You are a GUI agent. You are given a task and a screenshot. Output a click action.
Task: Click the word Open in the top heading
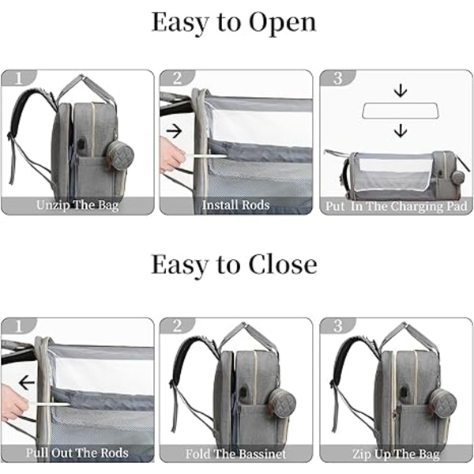pyautogui.click(x=283, y=23)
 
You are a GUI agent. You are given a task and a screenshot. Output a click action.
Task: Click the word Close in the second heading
pyautogui.click(x=283, y=265)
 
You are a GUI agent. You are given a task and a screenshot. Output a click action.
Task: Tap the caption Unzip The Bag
pyautogui.click(x=77, y=205)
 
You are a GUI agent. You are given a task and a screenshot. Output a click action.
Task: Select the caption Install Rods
pyautogui.click(x=235, y=205)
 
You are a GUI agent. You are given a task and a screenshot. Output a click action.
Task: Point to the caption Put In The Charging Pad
pyautogui.click(x=397, y=206)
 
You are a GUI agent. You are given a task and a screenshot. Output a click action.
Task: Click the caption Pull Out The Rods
pyautogui.click(x=77, y=453)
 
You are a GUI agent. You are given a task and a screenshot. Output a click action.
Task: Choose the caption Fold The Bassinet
pyautogui.click(x=235, y=453)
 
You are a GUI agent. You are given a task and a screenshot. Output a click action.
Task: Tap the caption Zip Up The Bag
pyautogui.click(x=396, y=454)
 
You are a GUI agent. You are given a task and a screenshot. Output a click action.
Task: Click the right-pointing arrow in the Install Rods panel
pyautogui.click(x=174, y=131)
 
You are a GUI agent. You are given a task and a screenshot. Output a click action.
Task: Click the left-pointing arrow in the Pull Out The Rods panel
pyautogui.click(x=27, y=383)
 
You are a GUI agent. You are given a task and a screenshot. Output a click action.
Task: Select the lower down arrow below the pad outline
pyautogui.click(x=401, y=130)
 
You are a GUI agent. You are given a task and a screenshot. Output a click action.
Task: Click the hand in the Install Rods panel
pyautogui.click(x=171, y=154)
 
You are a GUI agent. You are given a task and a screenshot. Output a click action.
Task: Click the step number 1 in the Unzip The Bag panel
pyautogui.click(x=19, y=78)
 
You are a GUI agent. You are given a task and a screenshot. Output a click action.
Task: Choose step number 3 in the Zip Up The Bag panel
pyautogui.click(x=337, y=325)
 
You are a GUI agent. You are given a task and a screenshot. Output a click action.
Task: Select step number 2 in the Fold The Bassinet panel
pyautogui.click(x=178, y=325)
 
